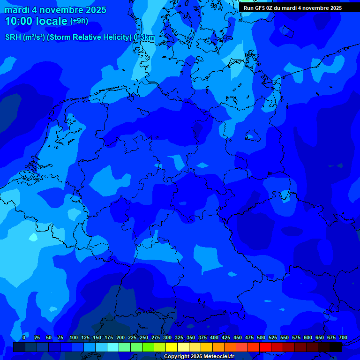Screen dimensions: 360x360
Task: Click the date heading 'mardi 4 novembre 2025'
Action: coord(55,10)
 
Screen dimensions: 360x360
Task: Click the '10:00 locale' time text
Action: coord(36,21)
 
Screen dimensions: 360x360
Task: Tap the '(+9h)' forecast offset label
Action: coord(79,21)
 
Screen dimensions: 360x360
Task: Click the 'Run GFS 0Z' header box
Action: coord(292,8)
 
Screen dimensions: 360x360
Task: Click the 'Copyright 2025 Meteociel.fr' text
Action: coord(199,356)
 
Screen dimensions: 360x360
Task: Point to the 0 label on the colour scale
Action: coord(24,337)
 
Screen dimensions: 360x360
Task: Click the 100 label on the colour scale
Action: coord(74,337)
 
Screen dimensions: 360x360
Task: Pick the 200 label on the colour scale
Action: coord(120,337)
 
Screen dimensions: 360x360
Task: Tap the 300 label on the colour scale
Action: coord(167,337)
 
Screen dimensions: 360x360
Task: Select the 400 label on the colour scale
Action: coord(214,337)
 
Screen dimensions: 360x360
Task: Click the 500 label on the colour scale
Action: coord(261,337)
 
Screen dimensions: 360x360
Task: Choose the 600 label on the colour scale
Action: coord(308,337)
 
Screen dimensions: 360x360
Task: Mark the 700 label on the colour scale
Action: coord(343,337)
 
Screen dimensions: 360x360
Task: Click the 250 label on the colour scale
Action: coord(144,337)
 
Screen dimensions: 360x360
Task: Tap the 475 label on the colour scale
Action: coord(249,337)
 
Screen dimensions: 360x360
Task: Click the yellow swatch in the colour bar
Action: coord(172,347)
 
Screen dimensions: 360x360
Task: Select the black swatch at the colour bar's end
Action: coord(336,347)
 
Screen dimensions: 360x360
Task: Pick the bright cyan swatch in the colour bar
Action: coord(113,347)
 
